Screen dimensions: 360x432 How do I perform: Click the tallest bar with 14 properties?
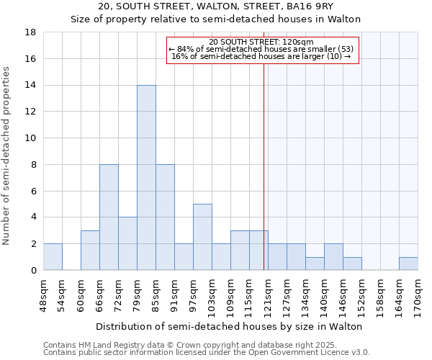(x=146, y=177)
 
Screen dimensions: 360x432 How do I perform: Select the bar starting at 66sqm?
(x=109, y=217)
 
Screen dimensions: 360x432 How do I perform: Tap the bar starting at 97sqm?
(x=202, y=237)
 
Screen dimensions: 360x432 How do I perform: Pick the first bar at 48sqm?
(x=53, y=256)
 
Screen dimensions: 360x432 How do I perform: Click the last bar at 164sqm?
(x=408, y=264)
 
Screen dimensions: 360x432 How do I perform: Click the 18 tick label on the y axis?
(x=31, y=32)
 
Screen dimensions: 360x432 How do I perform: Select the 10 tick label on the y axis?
(x=31, y=138)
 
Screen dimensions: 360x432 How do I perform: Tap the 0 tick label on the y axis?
(x=34, y=270)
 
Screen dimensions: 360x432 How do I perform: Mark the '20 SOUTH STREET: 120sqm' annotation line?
(x=261, y=42)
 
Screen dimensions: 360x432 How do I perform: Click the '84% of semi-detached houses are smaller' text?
(x=261, y=49)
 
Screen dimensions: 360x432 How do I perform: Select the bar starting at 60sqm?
(x=90, y=250)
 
